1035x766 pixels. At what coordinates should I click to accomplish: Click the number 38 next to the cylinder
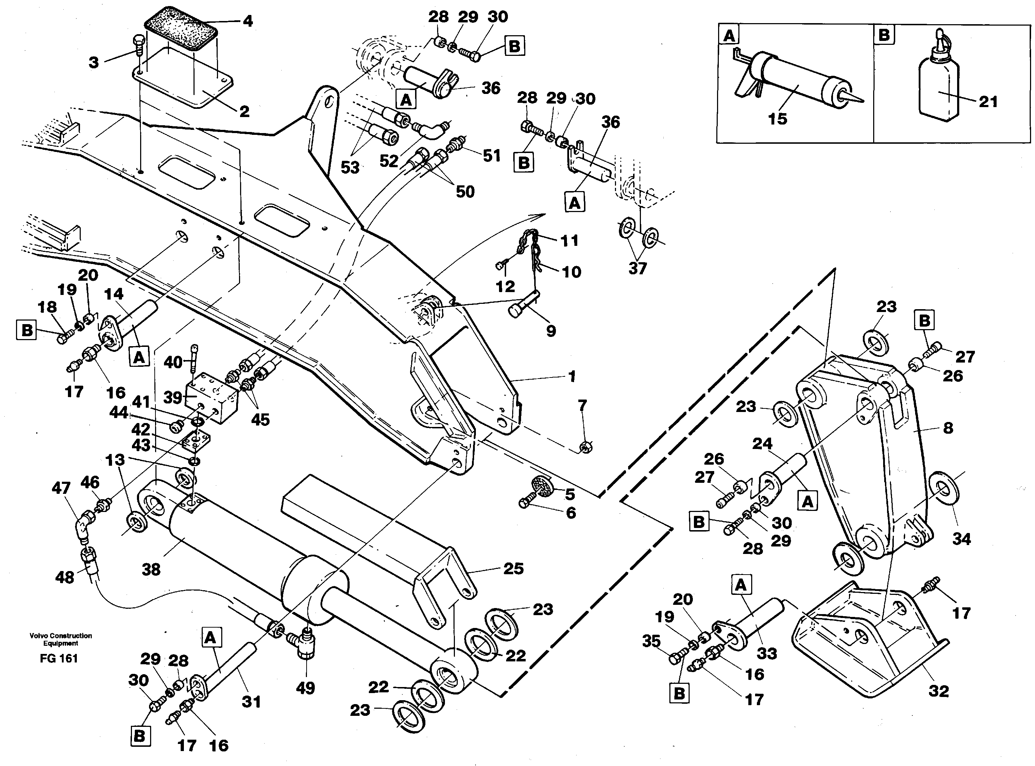[151, 569]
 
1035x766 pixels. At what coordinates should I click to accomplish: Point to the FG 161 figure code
[59, 659]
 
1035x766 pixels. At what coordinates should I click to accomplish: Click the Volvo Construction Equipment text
[61, 639]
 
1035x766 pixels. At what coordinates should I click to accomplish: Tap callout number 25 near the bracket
[513, 569]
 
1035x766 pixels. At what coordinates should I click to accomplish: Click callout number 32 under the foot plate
[939, 691]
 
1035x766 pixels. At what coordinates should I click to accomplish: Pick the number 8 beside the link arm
[948, 428]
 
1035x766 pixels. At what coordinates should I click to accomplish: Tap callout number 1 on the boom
[572, 376]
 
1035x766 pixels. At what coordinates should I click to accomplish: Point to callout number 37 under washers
[637, 268]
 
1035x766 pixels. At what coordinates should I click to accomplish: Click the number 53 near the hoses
[350, 167]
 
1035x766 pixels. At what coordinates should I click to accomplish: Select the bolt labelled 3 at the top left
[138, 46]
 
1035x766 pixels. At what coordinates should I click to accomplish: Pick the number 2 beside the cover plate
[244, 111]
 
